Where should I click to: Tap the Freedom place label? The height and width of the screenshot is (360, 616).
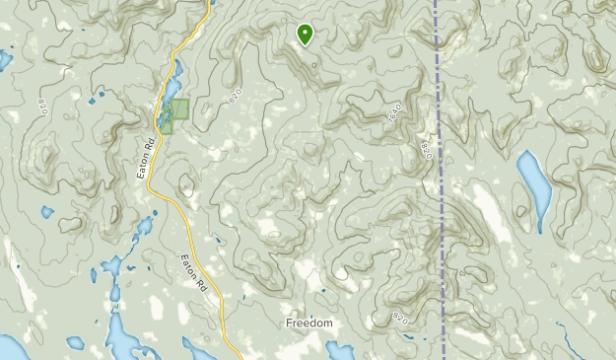(x=309, y=324)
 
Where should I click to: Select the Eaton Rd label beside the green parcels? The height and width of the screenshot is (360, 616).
(x=147, y=156)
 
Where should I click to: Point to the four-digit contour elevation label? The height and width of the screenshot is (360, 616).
(x=396, y=113)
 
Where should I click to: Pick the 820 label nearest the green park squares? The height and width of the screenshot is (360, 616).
(x=234, y=95)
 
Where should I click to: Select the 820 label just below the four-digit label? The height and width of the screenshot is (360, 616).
(x=426, y=150)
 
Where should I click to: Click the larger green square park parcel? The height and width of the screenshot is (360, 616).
(x=178, y=109)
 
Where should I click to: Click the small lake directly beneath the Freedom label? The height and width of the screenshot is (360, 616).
(x=340, y=351)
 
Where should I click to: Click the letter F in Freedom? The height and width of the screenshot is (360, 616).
(x=289, y=324)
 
